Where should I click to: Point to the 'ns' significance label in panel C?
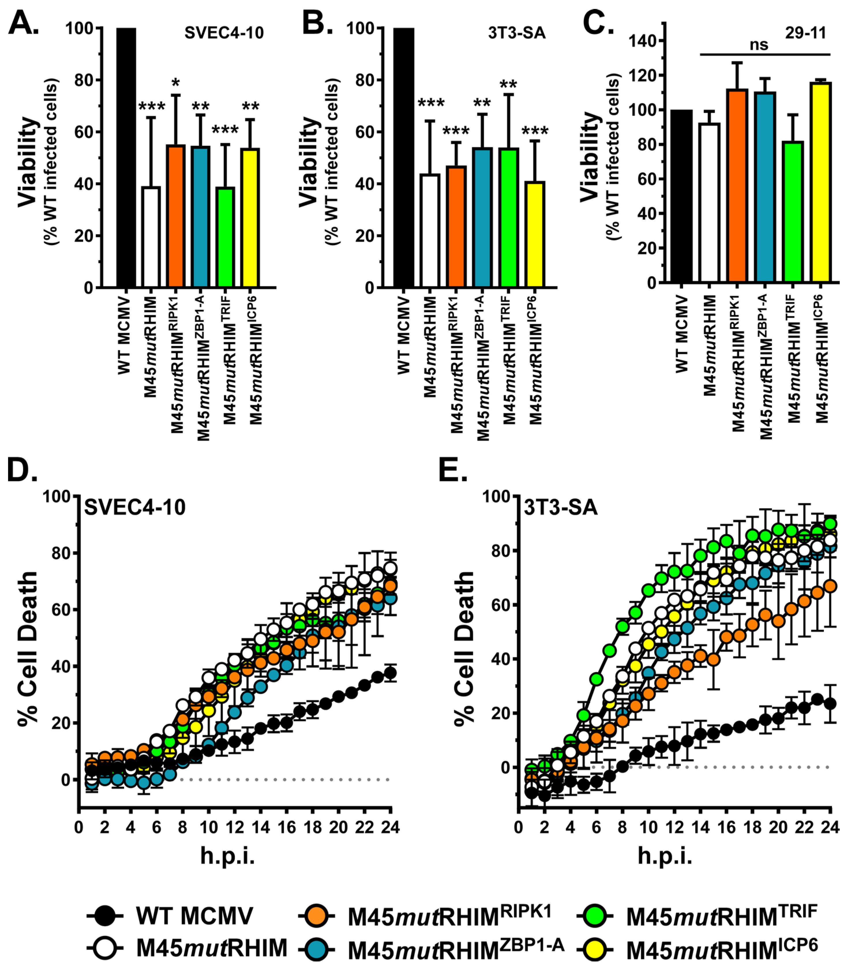(759, 45)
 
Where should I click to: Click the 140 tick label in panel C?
(643, 41)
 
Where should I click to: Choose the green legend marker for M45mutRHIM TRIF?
(595, 915)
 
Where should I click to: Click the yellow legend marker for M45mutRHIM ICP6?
(595, 949)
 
